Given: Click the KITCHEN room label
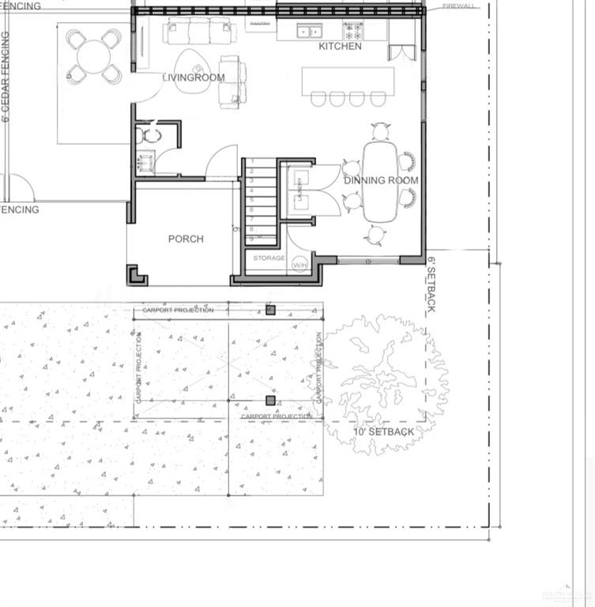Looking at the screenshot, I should (340, 47).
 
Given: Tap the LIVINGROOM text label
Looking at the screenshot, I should (194, 77).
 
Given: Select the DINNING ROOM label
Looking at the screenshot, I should (381, 180).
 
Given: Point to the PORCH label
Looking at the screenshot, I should (186, 239).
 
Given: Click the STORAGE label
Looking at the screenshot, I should (269, 258).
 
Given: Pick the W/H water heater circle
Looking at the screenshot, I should (300, 265).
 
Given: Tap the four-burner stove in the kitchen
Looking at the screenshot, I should (352, 31).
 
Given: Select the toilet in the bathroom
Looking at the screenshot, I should (149, 135).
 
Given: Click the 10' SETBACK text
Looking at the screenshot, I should (383, 432).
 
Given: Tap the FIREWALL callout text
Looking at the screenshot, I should (458, 6).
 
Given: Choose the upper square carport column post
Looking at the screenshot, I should (270, 310).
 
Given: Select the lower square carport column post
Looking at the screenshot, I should (270, 401).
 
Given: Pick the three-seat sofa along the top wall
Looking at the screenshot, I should (199, 32).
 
